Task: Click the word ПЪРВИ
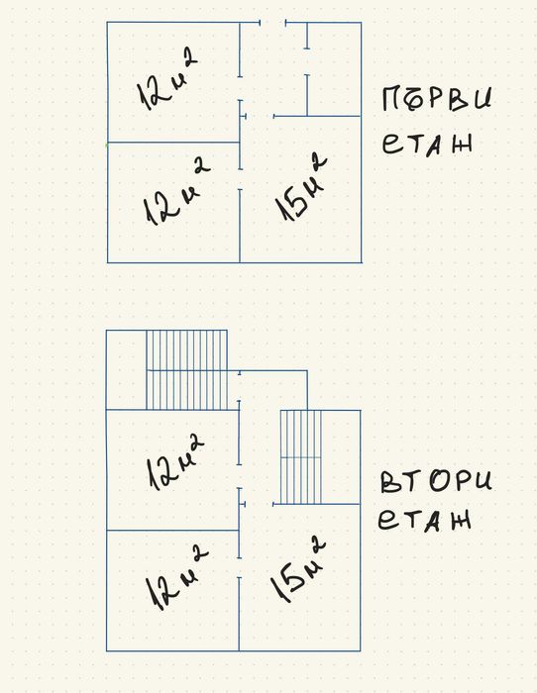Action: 437,99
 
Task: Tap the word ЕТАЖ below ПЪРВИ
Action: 428,144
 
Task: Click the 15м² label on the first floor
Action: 301,187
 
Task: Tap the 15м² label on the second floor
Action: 298,569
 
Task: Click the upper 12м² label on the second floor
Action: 174,461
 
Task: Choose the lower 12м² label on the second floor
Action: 177,577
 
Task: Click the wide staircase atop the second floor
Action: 186,370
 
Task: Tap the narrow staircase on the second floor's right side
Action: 301,457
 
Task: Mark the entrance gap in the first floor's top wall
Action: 272,22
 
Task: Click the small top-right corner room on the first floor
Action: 335,69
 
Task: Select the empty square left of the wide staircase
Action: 127,370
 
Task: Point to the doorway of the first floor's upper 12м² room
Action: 240,89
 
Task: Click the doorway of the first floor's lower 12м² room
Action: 240,179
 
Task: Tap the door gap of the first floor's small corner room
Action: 307,61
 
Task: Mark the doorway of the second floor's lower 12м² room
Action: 240,567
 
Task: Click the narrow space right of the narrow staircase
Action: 341,457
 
